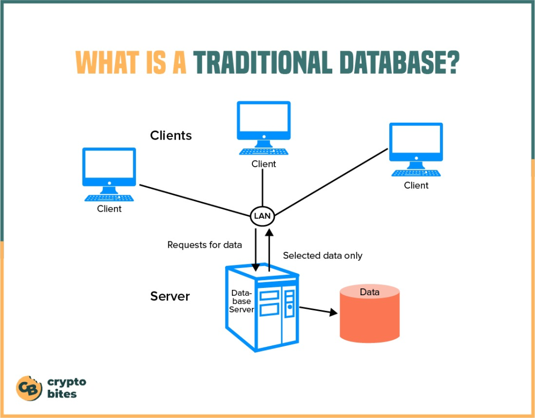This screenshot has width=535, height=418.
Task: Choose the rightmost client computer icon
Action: [x=416, y=149]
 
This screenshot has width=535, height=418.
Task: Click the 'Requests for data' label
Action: [x=204, y=245]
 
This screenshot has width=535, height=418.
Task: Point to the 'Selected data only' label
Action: [x=322, y=256]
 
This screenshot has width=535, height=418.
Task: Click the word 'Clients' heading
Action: [x=171, y=135]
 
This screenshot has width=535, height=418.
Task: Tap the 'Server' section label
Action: [x=170, y=296]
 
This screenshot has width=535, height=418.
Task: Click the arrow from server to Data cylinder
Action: [x=318, y=310]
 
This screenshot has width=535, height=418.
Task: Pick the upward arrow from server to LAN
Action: [x=269, y=248]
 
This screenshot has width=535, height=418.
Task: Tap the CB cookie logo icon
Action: [x=29, y=388]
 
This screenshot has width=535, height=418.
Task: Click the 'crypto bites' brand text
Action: [x=66, y=388]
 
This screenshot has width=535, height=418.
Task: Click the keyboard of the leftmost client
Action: [x=109, y=198]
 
